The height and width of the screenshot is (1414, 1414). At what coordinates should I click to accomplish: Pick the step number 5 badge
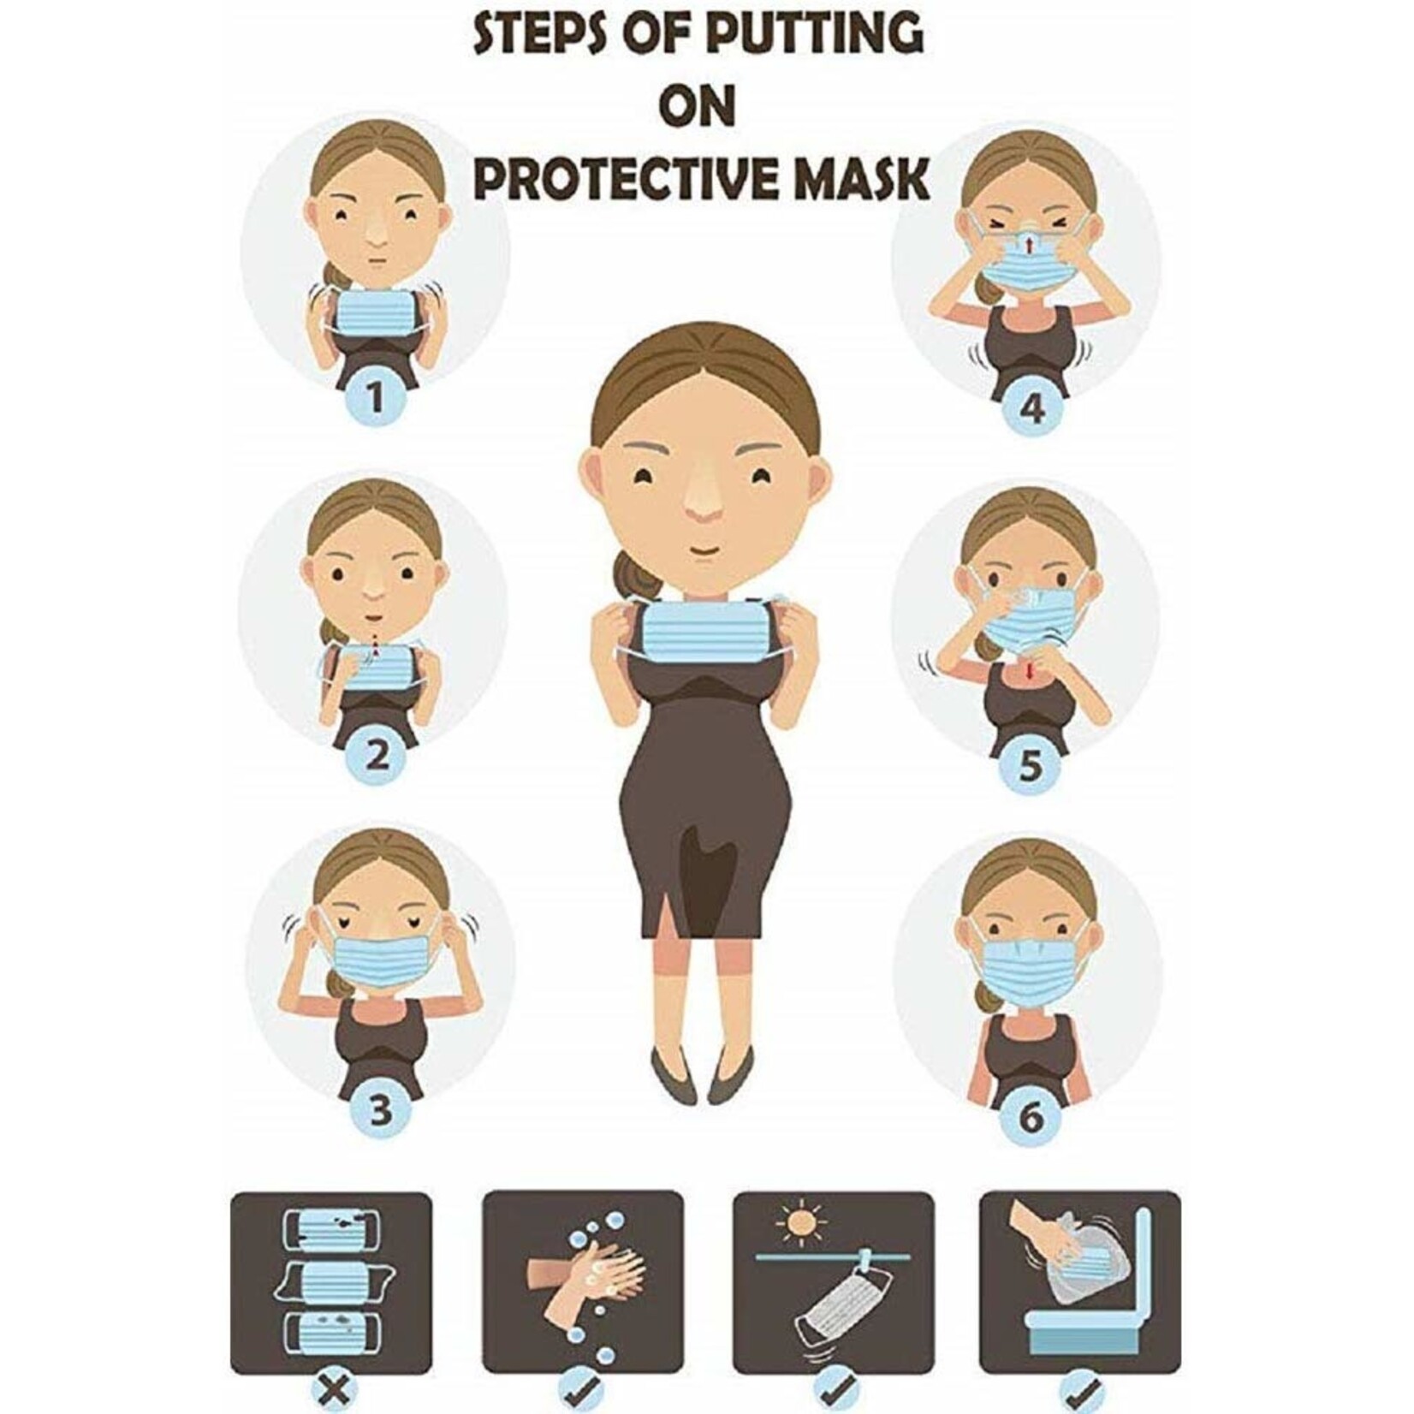(x=1032, y=766)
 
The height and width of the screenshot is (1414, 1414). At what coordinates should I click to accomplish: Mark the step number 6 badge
(x=1031, y=1117)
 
